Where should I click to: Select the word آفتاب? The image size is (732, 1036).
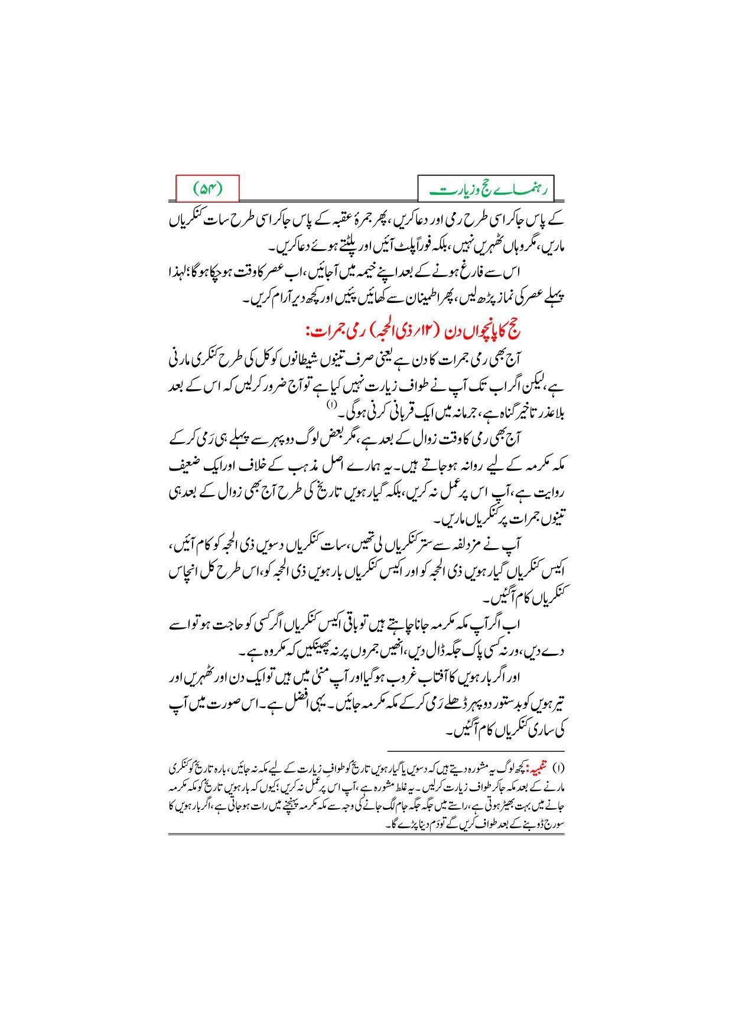pos(421,675)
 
